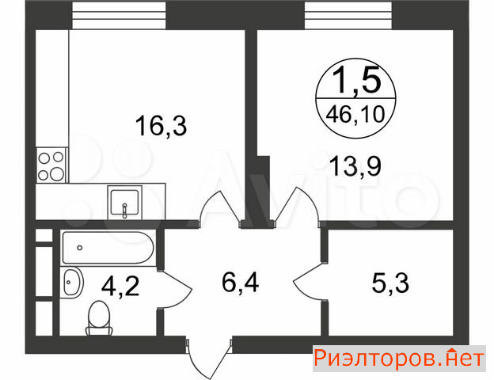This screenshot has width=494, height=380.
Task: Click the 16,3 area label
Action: coord(161,126)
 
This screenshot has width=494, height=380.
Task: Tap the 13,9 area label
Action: coord(355,166)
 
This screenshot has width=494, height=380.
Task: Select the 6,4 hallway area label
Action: coord(240,283)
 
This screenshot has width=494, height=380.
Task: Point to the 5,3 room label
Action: coord(390,283)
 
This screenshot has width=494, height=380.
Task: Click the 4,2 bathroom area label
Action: coord(120,286)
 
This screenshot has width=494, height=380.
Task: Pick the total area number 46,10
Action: coord(355,114)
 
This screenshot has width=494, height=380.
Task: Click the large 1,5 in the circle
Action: coord(357,80)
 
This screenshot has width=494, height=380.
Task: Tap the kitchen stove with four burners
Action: coord(51,165)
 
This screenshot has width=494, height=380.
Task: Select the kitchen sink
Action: coord(125,202)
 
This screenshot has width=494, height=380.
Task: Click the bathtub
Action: coord(108,248)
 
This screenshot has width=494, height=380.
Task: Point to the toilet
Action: coord(99,318)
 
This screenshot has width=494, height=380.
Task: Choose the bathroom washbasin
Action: coord(73,283)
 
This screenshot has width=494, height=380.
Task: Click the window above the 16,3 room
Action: coord(119,15)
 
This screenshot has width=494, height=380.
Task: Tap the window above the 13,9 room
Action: coord(348,15)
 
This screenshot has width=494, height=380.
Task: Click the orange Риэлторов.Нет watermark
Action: coord(399,359)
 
